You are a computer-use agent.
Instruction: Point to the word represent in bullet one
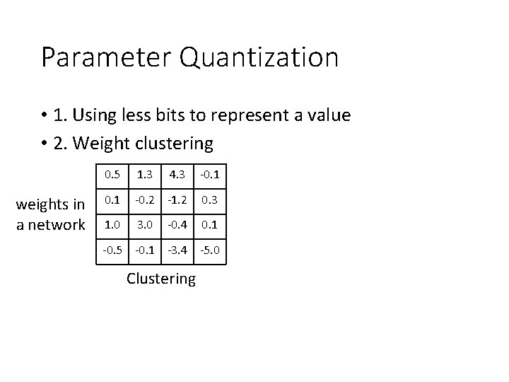pos(267,116)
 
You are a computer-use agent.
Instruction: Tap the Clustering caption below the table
pos(161,279)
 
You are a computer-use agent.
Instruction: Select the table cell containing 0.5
pos(112,174)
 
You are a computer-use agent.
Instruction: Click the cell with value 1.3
pos(144,174)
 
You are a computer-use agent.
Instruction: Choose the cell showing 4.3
pos(177,174)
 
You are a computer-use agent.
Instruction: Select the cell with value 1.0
pos(112,226)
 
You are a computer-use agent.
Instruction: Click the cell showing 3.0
pos(144,226)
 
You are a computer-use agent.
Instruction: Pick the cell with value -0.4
pos(177,226)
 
